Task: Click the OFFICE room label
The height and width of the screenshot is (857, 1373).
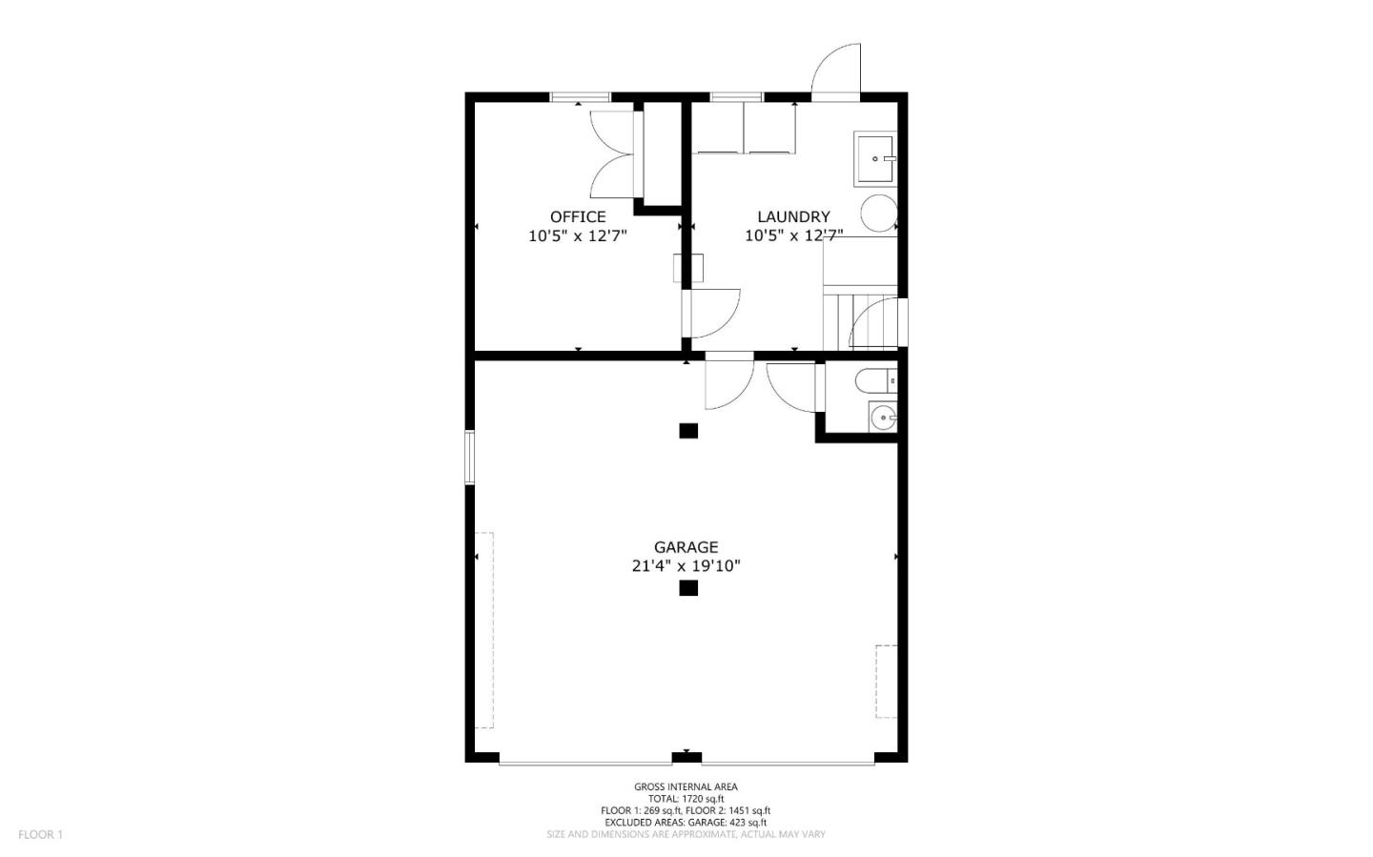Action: point(577,217)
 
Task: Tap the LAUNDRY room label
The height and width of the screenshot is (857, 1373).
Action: point(793,217)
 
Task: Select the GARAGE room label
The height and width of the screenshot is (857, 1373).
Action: point(686,547)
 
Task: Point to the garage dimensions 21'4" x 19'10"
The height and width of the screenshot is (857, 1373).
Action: point(686,566)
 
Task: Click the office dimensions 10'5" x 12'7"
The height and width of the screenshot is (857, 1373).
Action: point(577,235)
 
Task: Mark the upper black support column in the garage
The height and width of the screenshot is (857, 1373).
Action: point(688,431)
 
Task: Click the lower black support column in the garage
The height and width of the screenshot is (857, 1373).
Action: point(688,588)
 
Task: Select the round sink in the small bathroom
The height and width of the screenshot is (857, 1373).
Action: point(882,417)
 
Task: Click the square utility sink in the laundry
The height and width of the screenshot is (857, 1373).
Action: point(874,158)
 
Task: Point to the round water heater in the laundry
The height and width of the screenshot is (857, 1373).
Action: point(878,214)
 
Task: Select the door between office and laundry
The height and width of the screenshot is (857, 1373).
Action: point(710,314)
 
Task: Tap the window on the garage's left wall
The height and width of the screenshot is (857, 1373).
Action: point(469,458)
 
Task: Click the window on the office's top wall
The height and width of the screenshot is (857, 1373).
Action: point(581,96)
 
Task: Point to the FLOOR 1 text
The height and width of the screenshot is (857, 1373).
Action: point(40,835)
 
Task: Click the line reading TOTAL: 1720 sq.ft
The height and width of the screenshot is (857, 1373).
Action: point(686,799)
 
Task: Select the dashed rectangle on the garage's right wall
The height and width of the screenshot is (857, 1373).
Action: point(886,682)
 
